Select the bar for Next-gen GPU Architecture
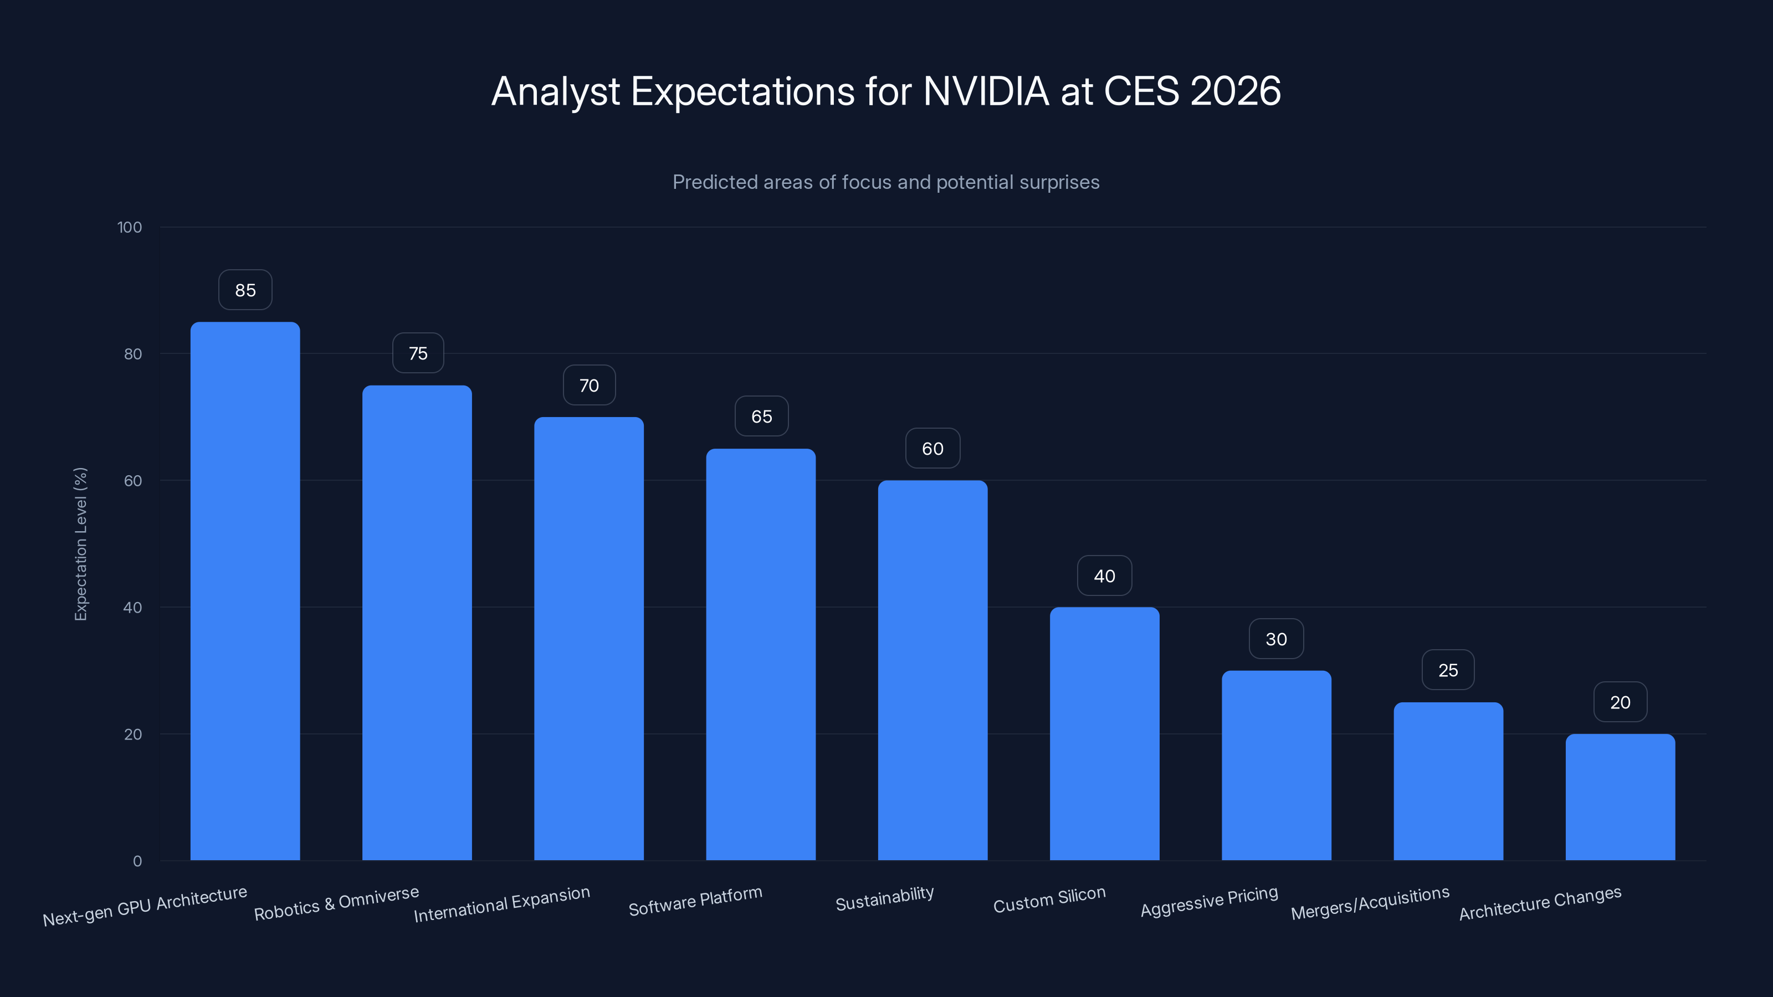[x=245, y=592]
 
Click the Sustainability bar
[x=932, y=671]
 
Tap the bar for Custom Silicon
[x=1104, y=733]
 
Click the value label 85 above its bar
[x=245, y=290]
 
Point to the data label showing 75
[x=418, y=354]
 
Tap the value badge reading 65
[x=761, y=417]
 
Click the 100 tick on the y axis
[x=130, y=227]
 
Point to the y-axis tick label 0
[x=137, y=861]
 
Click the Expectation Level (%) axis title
[x=80, y=543]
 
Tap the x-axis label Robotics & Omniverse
[x=336, y=903]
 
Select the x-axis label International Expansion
[x=502, y=903]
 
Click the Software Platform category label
[x=695, y=901]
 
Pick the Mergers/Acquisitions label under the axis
[x=1370, y=903]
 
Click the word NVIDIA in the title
[x=986, y=91]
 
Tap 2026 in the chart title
[x=1236, y=91]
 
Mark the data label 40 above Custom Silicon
[x=1104, y=576]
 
